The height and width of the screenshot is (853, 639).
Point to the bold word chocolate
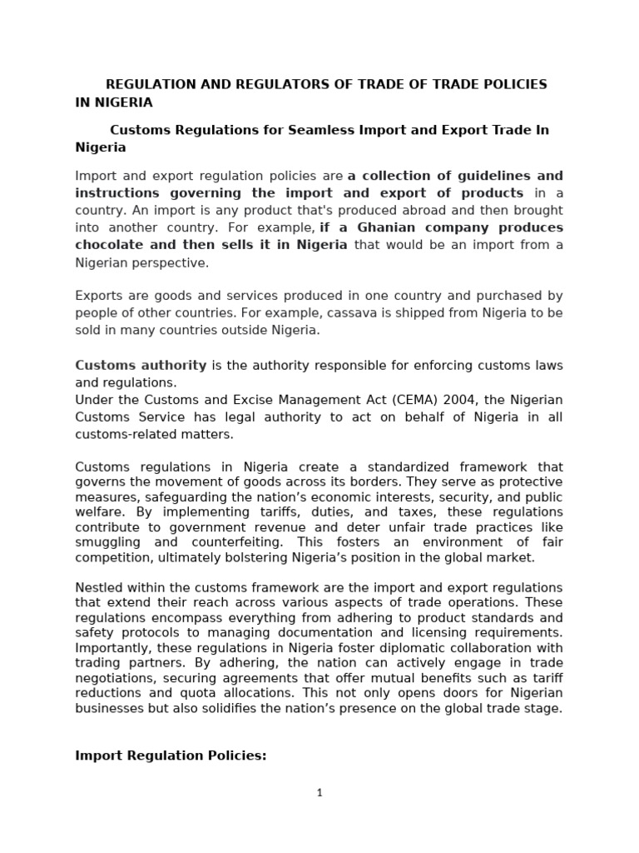point(110,244)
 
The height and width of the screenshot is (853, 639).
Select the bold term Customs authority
point(141,365)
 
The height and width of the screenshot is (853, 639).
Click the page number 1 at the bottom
point(319,793)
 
